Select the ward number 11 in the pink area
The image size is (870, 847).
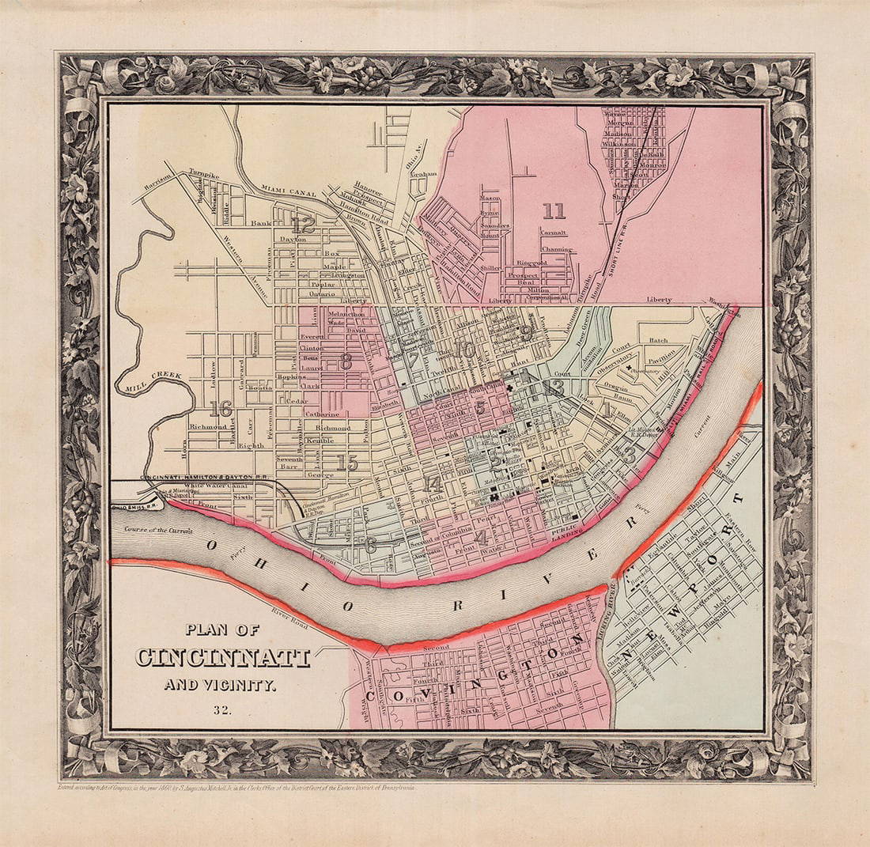(554, 210)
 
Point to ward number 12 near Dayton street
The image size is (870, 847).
(302, 225)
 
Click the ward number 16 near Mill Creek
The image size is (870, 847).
(221, 409)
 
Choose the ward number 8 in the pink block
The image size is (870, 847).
(345, 362)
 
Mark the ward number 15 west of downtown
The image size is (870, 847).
(346, 463)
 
